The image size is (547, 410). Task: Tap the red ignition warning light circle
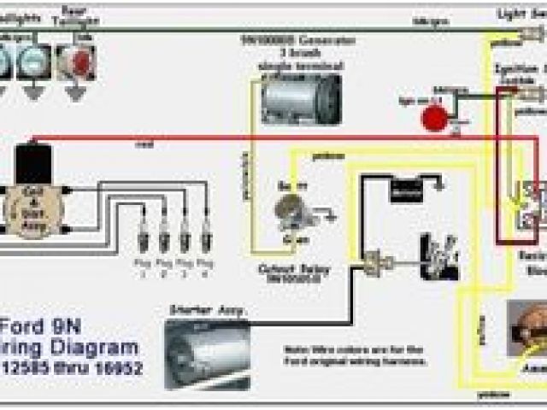[436, 117]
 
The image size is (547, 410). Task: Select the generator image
[300, 100]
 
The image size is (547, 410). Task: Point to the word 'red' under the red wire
[144, 143]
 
